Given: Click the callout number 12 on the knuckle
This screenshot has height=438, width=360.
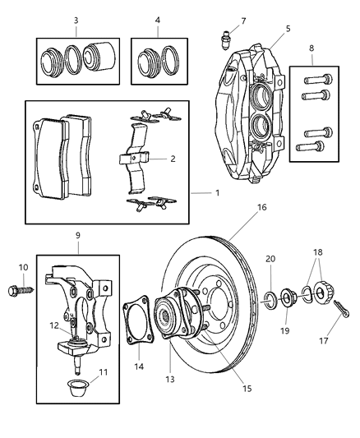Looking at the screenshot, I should tap(53, 325).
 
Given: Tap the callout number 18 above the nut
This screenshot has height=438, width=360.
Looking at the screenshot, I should tap(318, 252).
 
